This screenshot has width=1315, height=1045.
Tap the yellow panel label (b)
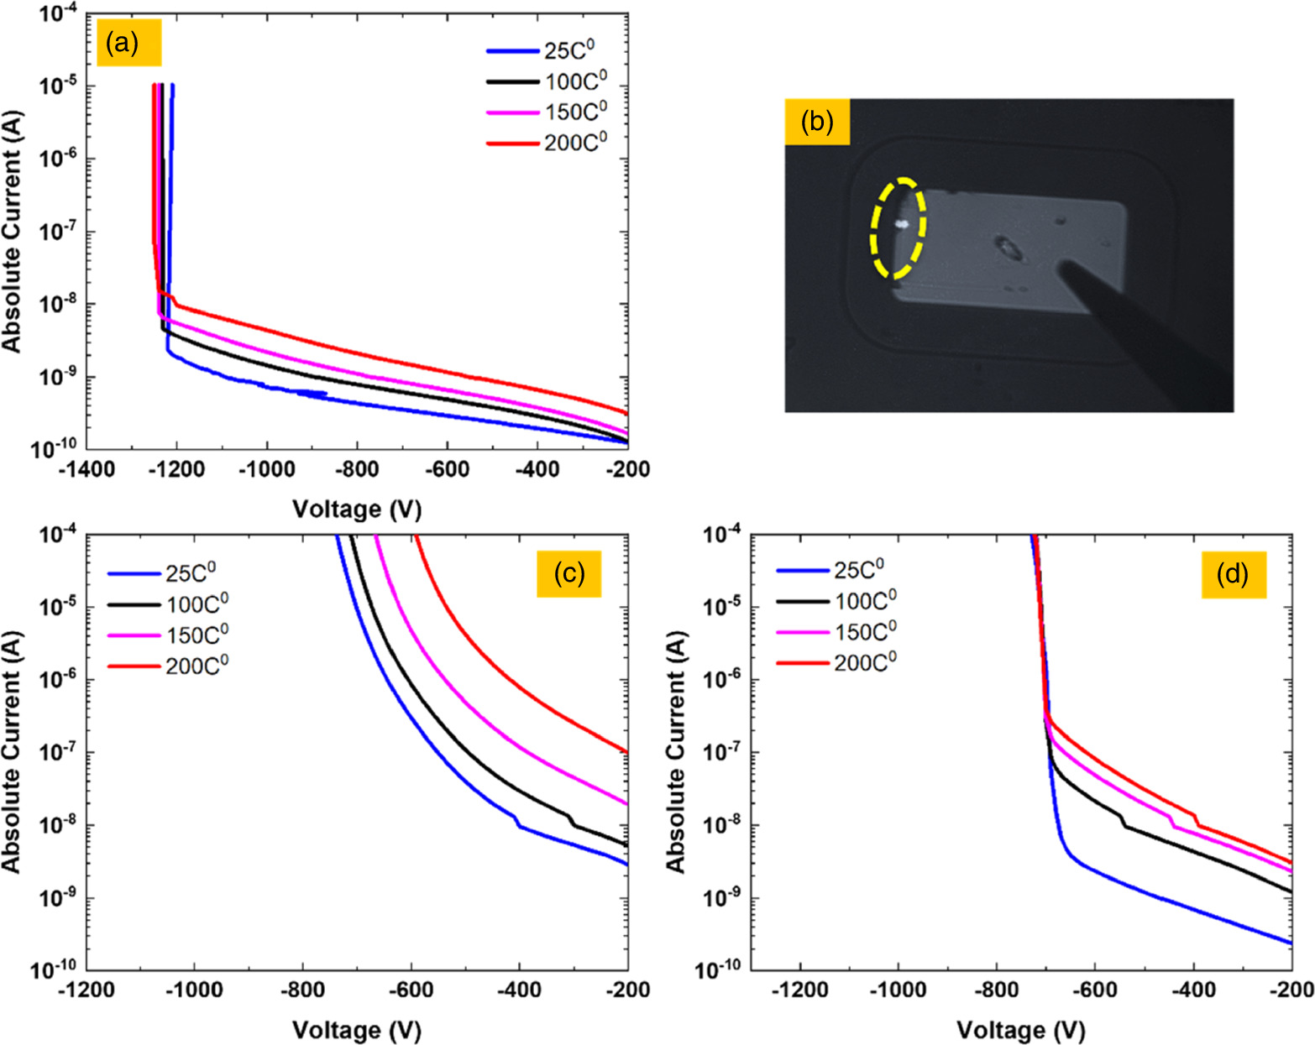coord(816,122)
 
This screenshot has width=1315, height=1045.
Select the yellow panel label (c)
coord(568,573)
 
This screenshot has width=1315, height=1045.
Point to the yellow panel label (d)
coord(1233,574)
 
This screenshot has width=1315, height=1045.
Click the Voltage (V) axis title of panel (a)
coord(356,509)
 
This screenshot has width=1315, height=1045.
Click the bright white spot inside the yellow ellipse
coord(903,224)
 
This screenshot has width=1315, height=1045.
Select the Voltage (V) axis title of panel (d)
coord(1020,1029)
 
